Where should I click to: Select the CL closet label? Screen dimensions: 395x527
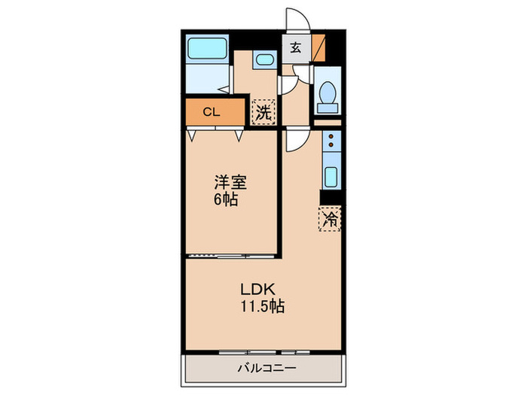click(x=212, y=113)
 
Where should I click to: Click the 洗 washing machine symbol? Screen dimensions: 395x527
click(x=263, y=113)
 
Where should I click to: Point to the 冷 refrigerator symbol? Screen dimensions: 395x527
click(x=330, y=219)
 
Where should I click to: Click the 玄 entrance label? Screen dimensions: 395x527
click(x=295, y=48)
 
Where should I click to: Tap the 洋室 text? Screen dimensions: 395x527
click(x=230, y=182)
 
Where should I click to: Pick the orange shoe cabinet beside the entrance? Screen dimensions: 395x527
click(x=319, y=47)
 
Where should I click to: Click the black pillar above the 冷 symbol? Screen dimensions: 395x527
click(x=330, y=198)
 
